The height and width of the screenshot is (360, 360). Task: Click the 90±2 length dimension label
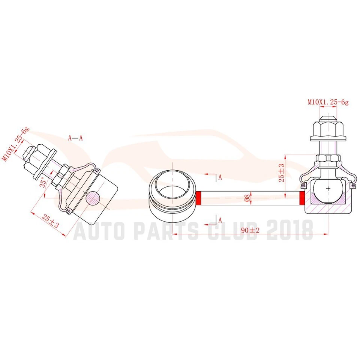point(251,231)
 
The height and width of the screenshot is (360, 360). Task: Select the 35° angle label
point(43,182)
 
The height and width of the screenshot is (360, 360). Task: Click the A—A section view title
point(75,138)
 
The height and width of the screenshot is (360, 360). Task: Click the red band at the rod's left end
point(199,198)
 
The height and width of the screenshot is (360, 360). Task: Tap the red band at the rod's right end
point(301,198)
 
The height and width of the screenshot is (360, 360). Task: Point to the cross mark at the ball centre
point(328,189)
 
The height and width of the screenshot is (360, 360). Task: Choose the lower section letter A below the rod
point(220,220)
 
